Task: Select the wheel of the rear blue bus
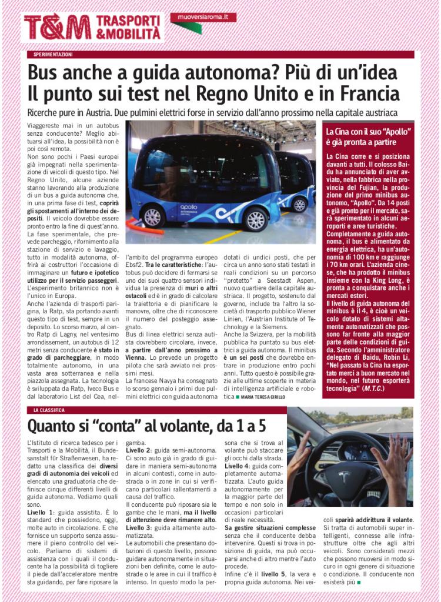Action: [x=300, y=204]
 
